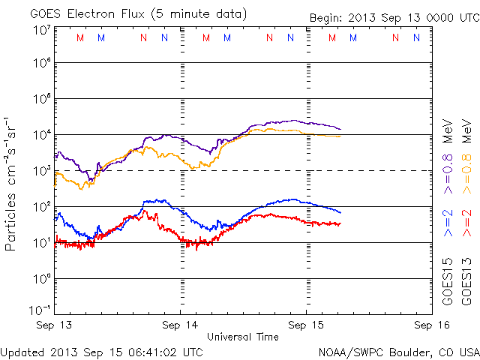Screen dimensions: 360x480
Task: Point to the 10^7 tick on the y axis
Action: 40,30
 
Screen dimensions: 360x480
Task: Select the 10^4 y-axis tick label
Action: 40,134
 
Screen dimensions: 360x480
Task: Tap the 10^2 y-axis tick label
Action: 40,206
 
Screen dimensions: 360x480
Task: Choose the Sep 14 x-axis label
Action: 181,325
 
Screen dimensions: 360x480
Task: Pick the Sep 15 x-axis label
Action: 307,325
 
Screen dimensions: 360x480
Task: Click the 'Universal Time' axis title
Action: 242,337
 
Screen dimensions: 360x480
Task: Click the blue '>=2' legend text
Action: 448,224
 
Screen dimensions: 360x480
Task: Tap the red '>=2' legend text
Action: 466,224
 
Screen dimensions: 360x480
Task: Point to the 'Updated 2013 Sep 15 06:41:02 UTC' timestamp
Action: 102,351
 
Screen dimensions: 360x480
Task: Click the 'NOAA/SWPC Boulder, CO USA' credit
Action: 398,351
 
